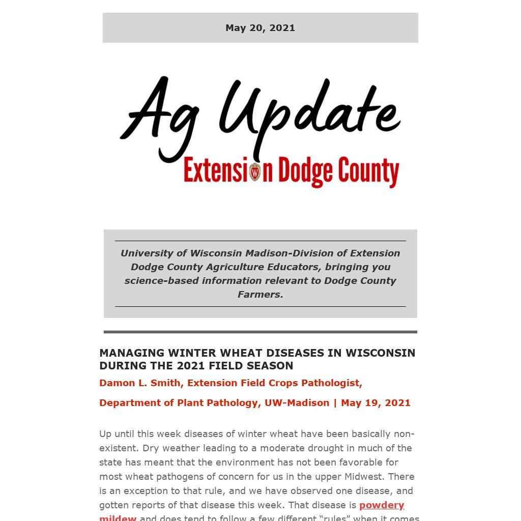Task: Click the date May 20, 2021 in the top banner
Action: pos(260,28)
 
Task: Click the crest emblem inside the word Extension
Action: pos(255,172)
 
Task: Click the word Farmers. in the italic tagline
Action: pos(260,295)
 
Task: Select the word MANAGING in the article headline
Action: pos(132,353)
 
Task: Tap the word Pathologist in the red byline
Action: pos(331,383)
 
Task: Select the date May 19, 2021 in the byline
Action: pos(375,403)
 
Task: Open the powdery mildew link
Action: pos(382,505)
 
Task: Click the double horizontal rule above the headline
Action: pos(260,332)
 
